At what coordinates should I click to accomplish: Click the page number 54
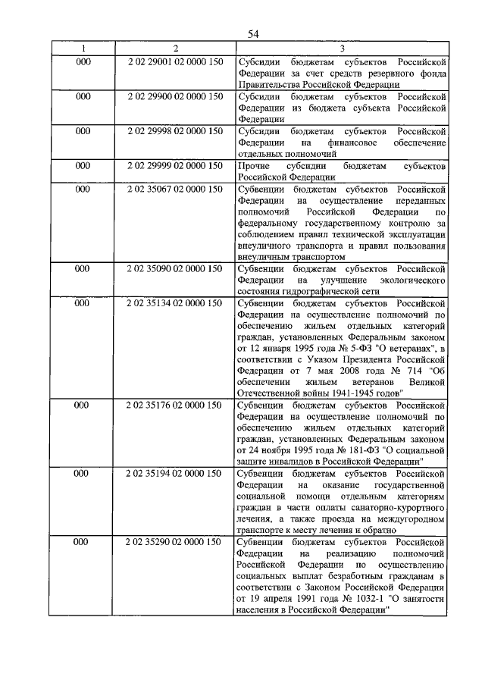(253, 33)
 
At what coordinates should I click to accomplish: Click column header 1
(83, 49)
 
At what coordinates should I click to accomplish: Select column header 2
(174, 49)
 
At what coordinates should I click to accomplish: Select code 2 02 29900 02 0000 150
(175, 97)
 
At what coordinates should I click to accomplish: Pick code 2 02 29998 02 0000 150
(175, 131)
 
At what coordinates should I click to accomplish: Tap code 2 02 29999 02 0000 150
(175, 165)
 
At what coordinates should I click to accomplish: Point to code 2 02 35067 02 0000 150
(175, 189)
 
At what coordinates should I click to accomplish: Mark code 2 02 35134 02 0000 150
(175, 303)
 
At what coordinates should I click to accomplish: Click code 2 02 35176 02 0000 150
(175, 405)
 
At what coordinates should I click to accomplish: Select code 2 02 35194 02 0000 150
(175, 474)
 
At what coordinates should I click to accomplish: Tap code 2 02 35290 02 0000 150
(175, 542)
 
